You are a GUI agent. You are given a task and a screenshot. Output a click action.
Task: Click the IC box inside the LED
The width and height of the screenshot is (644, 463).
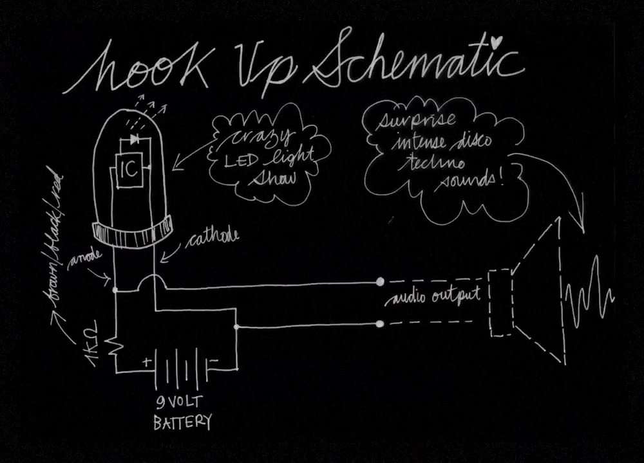pyautogui.click(x=129, y=171)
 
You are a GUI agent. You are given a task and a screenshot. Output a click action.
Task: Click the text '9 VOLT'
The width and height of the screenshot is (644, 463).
pyautogui.click(x=180, y=403)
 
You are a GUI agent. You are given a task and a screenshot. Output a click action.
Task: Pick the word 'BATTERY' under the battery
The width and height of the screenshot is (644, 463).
pyautogui.click(x=182, y=422)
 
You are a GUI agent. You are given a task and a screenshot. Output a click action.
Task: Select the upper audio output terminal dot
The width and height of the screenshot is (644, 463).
pyautogui.click(x=380, y=282)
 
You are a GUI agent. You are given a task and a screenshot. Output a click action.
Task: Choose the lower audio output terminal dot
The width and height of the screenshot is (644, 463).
pyautogui.click(x=380, y=323)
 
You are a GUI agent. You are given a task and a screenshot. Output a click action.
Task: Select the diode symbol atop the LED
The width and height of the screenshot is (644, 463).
pyautogui.click(x=135, y=138)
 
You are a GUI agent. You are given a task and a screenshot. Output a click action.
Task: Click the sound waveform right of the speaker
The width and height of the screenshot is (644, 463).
pyautogui.click(x=589, y=293)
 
